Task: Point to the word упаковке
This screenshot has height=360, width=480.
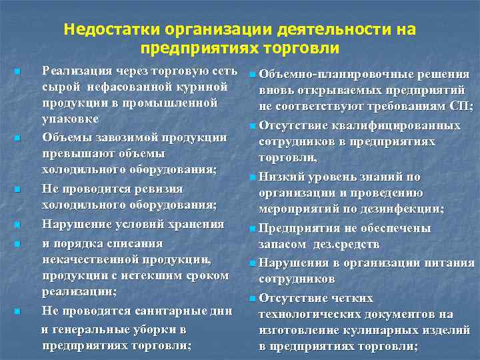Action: [x=70, y=119]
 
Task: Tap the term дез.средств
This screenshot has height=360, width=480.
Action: [x=331, y=244]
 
